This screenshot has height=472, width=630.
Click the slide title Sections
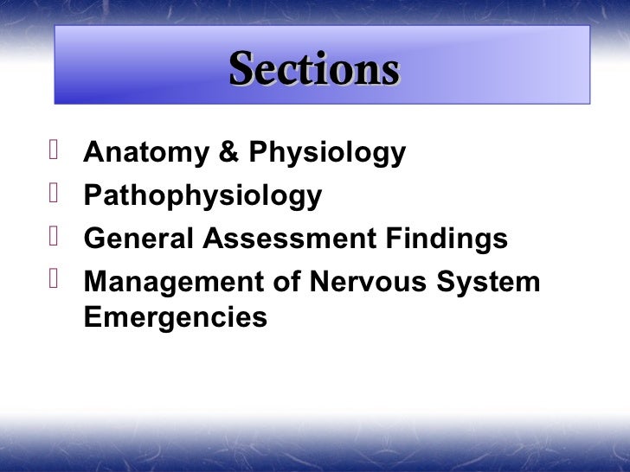[314, 69]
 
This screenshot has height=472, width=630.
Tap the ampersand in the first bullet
[228, 153]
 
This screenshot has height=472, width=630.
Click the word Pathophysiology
[202, 197]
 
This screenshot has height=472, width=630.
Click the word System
[488, 282]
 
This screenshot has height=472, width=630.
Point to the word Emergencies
[176, 318]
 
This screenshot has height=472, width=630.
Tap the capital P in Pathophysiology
[92, 195]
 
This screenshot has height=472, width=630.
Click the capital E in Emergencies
[92, 316]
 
